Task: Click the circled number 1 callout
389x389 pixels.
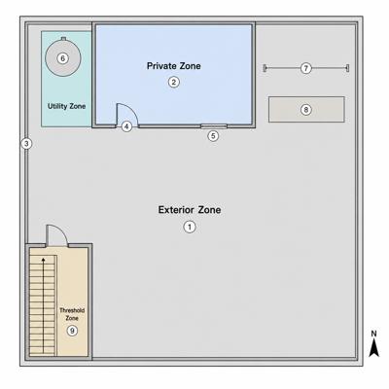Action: point(190,227)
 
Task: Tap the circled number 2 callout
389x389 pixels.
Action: point(174,82)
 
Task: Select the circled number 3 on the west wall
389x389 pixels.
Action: point(26,143)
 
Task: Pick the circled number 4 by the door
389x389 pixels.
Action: point(126,126)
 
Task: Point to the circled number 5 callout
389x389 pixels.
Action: point(213,136)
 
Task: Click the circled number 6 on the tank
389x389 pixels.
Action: point(63,58)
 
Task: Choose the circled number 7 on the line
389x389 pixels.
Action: point(305,68)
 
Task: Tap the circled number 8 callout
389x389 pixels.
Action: point(305,110)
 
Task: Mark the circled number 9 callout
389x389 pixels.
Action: point(72,331)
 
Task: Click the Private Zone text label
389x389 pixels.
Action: point(174,66)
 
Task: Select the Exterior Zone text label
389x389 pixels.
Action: point(190,210)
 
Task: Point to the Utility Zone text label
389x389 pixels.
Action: point(66,106)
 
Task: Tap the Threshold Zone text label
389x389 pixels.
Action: point(72,314)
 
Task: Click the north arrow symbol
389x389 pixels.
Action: point(374,347)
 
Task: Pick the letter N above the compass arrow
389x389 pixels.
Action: point(373,334)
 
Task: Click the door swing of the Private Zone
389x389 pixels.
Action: point(133,109)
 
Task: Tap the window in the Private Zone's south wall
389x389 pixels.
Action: point(214,126)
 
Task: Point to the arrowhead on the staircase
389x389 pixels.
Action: point(43,260)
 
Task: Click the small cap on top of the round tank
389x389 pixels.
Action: point(63,39)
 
